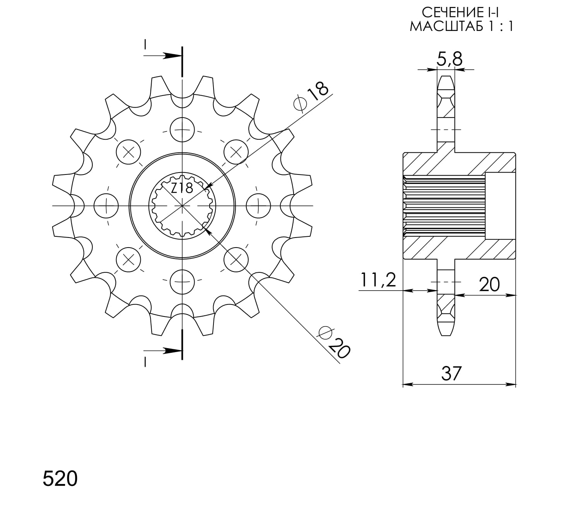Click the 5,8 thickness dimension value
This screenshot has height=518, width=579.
coord(449,59)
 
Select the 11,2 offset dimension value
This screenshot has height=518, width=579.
coord(378,280)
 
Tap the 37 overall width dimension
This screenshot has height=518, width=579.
coord(451,373)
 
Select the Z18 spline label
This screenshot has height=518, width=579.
coord(182,188)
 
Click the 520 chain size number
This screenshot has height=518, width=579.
coord(60,479)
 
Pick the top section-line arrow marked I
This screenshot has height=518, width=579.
coord(164,55)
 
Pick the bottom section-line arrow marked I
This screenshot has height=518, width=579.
coord(164,351)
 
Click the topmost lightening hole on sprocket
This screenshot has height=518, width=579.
coord(182,129)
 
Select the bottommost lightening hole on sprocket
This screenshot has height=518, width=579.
coord(182,281)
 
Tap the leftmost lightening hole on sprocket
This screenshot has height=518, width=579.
coord(106,205)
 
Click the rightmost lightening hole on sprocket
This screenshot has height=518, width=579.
coord(258,205)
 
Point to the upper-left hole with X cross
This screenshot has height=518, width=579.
coord(128,152)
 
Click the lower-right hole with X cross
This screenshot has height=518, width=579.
coord(236,259)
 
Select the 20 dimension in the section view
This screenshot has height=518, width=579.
coord(489,285)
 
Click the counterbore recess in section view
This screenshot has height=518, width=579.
coord(500,206)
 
